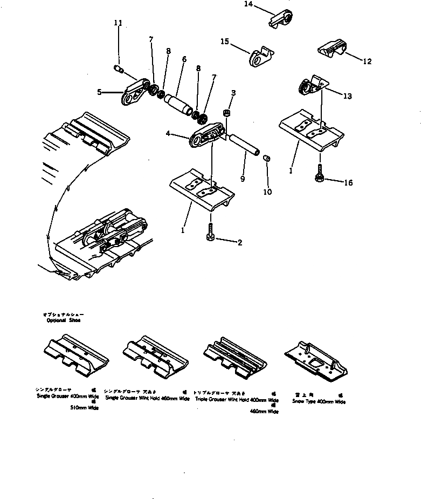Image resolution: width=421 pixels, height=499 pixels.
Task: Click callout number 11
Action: point(118,23)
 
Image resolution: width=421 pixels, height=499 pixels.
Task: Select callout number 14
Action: point(248,4)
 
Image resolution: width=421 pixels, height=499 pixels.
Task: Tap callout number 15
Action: point(225,41)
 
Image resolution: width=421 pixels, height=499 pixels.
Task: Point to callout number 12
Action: point(367,61)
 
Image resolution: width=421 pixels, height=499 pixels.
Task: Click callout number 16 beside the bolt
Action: point(348,183)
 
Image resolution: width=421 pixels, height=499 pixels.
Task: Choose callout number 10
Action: point(268,192)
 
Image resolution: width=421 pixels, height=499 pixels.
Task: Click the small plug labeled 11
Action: point(119,69)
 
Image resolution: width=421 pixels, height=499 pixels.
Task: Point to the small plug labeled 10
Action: point(266,158)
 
